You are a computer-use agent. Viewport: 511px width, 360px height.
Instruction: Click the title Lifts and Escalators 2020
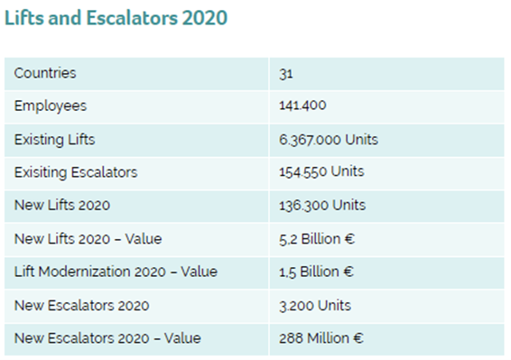tap(116, 17)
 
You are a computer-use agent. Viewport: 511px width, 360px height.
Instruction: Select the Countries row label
tap(45, 73)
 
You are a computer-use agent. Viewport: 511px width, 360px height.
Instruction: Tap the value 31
tap(286, 74)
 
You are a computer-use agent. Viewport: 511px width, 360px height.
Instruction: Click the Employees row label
tap(51, 106)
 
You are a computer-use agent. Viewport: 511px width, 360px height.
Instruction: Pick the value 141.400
tap(302, 106)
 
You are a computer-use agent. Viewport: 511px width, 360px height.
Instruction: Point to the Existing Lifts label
tap(54, 140)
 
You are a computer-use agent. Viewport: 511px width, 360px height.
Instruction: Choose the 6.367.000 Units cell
tap(329, 140)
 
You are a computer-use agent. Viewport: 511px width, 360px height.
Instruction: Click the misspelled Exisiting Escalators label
tap(76, 172)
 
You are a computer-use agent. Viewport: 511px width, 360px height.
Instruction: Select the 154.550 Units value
tap(321, 171)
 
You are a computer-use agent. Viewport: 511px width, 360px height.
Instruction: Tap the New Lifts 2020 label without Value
tap(62, 205)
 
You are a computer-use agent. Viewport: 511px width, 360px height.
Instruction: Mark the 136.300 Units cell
tap(322, 206)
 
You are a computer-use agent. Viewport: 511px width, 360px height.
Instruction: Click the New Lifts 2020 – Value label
tap(88, 239)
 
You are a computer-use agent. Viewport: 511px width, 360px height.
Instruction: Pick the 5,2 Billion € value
tap(317, 239)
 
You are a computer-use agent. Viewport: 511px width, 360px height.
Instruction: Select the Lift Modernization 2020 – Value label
tap(116, 272)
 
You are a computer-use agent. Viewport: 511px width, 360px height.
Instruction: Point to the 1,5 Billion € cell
tap(316, 272)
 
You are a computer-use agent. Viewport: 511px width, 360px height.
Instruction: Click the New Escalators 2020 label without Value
tap(82, 306)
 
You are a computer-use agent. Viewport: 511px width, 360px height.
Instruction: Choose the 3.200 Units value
tap(315, 306)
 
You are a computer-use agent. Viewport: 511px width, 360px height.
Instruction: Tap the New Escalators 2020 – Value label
tap(107, 338)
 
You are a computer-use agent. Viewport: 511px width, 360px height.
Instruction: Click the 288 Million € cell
tap(321, 338)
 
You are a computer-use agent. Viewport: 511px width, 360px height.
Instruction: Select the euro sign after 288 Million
tap(358, 338)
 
